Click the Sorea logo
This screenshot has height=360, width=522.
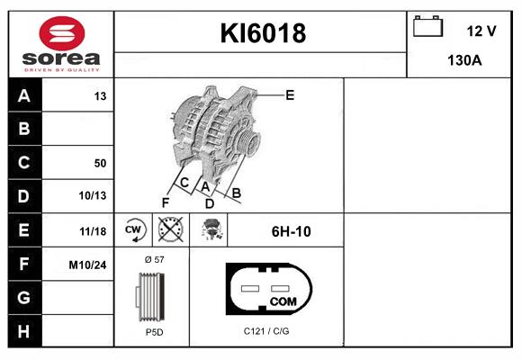coord(59,43)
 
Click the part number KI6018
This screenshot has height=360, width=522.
coord(264,34)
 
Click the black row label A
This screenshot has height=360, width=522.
coord(23,95)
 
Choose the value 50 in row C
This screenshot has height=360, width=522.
coord(99,163)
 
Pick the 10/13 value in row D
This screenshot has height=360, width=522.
coord(93,196)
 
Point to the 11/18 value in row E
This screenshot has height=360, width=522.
coord(93,231)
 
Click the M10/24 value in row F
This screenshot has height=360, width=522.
coord(88,265)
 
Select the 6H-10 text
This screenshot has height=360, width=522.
coord(291,231)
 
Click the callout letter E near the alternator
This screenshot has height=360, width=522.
coord(290,94)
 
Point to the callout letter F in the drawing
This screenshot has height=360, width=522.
coord(165,202)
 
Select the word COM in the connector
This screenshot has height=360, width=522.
coord(283,301)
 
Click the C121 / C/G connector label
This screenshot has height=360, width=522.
coord(266,332)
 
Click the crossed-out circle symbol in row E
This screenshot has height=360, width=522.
coord(169,230)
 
